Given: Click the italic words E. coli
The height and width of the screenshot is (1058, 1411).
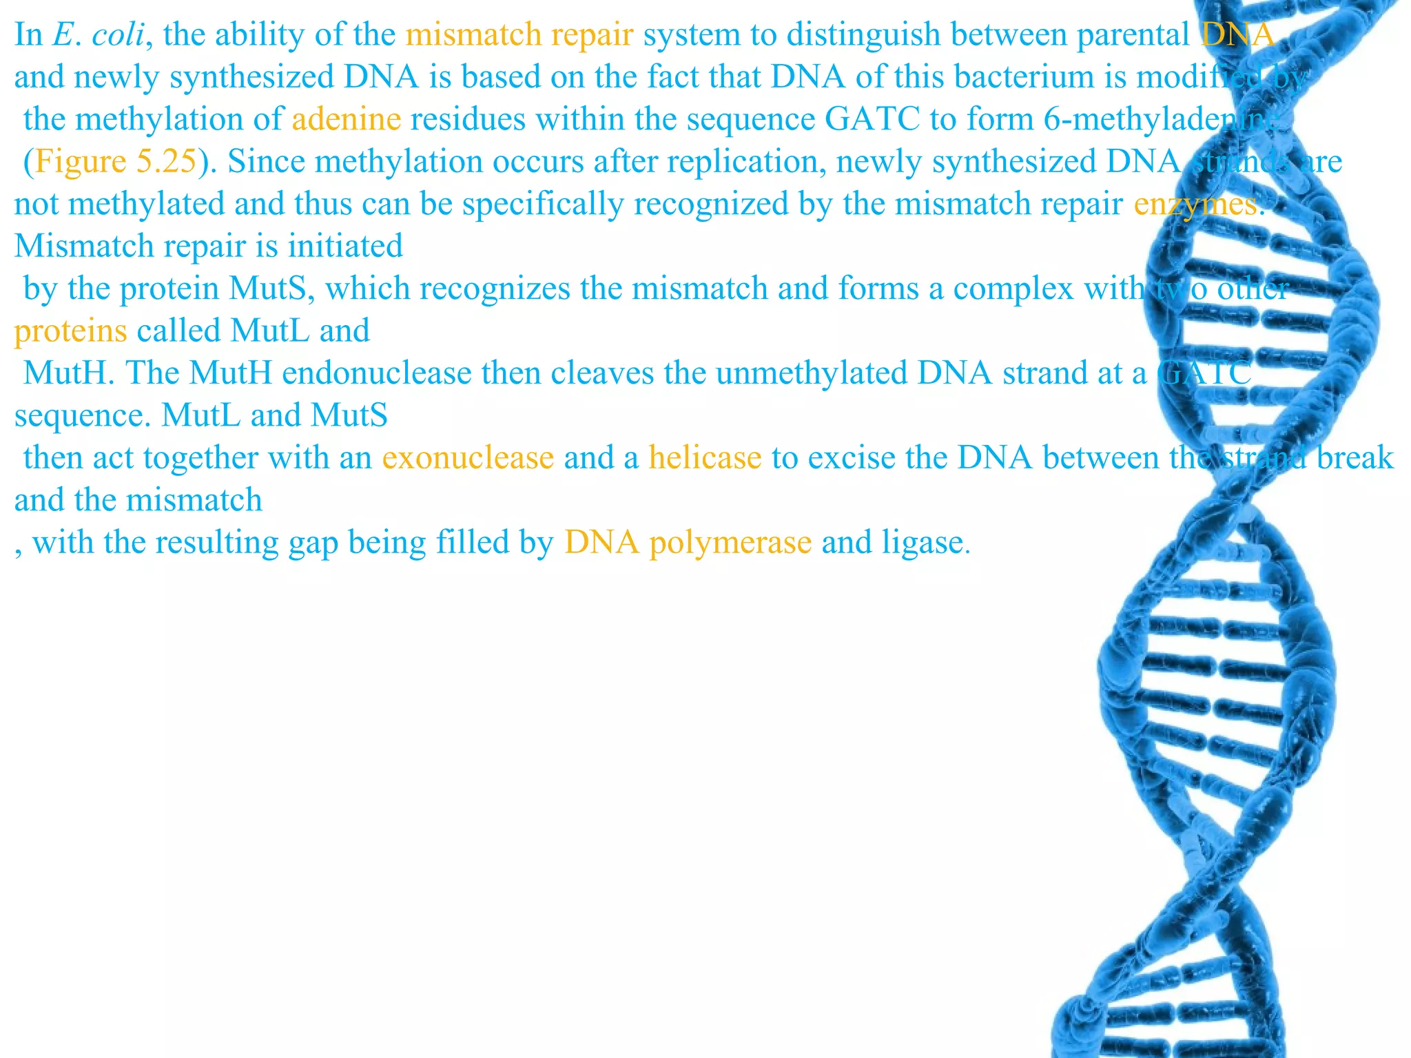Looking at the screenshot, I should (98, 34).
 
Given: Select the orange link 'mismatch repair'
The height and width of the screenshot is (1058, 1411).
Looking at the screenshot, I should (519, 34).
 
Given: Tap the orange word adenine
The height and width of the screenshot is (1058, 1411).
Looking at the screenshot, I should (346, 119).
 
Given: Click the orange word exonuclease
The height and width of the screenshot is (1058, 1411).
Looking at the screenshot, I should (468, 458).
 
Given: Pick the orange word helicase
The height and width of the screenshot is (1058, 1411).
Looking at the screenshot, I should (705, 458).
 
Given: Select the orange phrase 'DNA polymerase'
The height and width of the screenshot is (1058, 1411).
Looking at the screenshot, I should (688, 543).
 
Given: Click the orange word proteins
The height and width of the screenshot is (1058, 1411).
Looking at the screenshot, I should (70, 331).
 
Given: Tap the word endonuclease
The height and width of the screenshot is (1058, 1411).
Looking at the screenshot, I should (377, 373).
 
